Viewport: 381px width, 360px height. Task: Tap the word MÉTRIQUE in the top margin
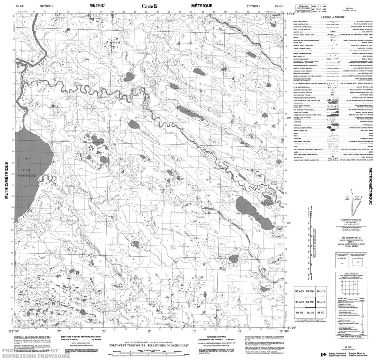(199, 4)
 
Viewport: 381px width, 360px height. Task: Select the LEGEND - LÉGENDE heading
(332, 16)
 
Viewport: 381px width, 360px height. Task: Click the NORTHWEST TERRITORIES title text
(129, 344)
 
